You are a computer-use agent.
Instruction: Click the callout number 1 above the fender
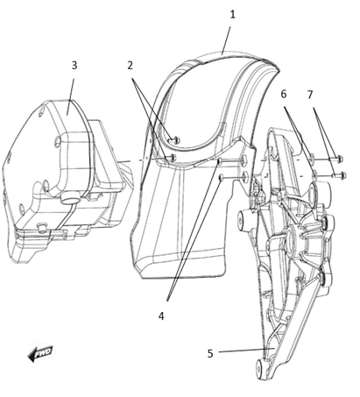click(232, 15)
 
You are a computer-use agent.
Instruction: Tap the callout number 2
click(130, 66)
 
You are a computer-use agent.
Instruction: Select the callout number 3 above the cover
click(74, 66)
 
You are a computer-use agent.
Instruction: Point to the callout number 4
click(161, 315)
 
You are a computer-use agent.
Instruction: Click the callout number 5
click(210, 353)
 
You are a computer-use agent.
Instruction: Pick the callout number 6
click(284, 94)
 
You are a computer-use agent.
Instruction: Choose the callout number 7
click(310, 95)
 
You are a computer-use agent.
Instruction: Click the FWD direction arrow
click(40, 353)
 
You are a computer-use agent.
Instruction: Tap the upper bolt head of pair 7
click(339, 160)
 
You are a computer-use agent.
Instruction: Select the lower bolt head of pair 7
click(343, 175)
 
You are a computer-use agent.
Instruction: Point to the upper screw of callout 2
click(176, 140)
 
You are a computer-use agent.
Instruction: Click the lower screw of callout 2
click(172, 158)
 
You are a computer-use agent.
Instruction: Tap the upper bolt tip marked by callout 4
click(221, 160)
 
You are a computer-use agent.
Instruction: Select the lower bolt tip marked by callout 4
click(222, 177)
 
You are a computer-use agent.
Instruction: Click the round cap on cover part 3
click(70, 197)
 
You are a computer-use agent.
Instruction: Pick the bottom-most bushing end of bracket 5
click(260, 366)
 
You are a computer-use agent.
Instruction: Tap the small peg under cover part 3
click(43, 227)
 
